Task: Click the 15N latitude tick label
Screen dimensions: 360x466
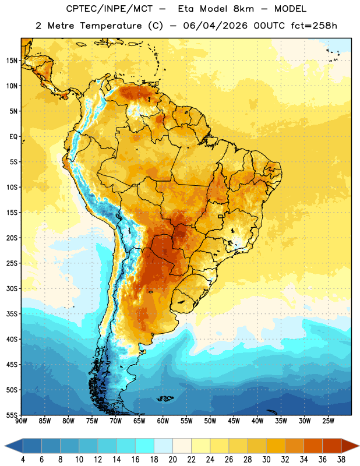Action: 12,61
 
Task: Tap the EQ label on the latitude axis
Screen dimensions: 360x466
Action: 13,137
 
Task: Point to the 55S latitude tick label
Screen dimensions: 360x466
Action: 12,415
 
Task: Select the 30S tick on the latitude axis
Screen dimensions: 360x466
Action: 12,288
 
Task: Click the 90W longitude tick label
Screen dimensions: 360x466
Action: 21,421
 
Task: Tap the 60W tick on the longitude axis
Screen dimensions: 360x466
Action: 163,421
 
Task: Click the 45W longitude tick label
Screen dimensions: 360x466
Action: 234,421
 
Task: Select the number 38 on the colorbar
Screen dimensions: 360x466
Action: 341,460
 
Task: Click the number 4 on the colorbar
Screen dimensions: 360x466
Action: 23,460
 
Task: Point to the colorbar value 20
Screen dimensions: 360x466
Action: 172,460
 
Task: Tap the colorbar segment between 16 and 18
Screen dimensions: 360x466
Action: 145,446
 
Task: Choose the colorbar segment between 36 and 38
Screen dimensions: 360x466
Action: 332,446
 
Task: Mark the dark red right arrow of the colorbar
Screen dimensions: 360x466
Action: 350,446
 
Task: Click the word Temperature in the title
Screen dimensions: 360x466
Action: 111,26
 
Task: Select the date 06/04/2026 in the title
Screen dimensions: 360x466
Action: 215,26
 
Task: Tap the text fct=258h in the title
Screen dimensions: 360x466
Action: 314,26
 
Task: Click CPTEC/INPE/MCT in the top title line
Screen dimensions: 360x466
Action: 110,9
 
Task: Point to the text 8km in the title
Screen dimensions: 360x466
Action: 243,9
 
